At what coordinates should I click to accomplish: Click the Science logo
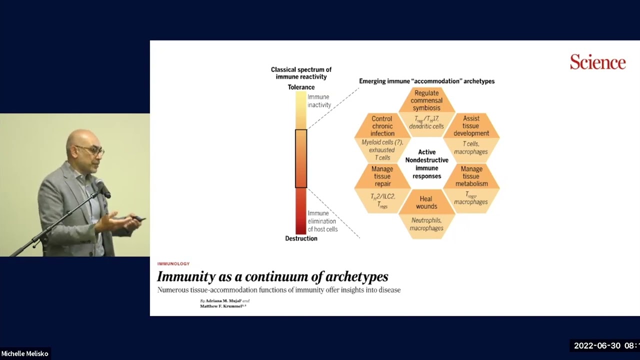597,62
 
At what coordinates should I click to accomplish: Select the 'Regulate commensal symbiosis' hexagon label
426,100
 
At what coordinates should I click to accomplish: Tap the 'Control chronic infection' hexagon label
382,126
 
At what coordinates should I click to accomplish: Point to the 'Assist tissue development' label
471,126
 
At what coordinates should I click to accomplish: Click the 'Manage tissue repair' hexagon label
382,176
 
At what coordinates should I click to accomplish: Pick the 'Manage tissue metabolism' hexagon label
471,176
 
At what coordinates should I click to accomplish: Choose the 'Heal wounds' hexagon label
426,202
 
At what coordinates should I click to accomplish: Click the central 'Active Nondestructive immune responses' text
426,164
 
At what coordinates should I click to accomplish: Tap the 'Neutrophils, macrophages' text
426,224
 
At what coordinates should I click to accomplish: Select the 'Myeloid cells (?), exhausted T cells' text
382,150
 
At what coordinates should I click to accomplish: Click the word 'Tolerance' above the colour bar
301,87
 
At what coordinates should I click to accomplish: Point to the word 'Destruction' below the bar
301,238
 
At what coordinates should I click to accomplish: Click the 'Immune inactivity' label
319,101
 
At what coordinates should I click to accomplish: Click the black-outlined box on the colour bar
301,158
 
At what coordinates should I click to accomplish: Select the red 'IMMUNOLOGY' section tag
173,263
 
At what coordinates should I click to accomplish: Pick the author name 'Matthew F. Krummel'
221,305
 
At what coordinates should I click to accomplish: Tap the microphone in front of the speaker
103,188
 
